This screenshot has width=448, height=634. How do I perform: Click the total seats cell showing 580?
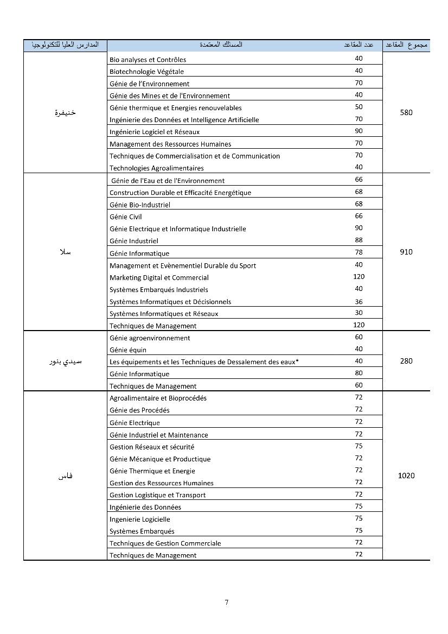406,113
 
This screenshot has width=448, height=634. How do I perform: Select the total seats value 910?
406,252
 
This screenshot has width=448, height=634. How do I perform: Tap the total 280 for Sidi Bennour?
406,361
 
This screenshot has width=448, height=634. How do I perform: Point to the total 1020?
406,475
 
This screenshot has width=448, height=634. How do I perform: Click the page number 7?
227,603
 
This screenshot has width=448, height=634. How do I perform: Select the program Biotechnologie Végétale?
146,72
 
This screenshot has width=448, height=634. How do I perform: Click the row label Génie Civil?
125,217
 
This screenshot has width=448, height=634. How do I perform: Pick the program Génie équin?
128,350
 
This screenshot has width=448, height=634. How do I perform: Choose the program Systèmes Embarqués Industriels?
158,290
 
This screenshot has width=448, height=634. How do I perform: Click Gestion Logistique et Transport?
157,495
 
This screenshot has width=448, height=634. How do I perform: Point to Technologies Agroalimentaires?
156,168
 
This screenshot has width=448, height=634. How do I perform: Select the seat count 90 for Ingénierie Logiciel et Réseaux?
359,131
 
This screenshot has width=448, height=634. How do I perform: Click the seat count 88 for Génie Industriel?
359,240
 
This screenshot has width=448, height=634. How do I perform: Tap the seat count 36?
359,301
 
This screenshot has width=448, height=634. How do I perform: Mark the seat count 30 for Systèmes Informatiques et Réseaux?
359,313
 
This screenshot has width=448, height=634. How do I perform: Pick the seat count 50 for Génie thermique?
359,107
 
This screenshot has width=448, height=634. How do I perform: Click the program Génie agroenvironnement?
150,338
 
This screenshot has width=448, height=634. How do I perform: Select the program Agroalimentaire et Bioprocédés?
158,398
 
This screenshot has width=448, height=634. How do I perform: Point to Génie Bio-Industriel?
139,205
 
